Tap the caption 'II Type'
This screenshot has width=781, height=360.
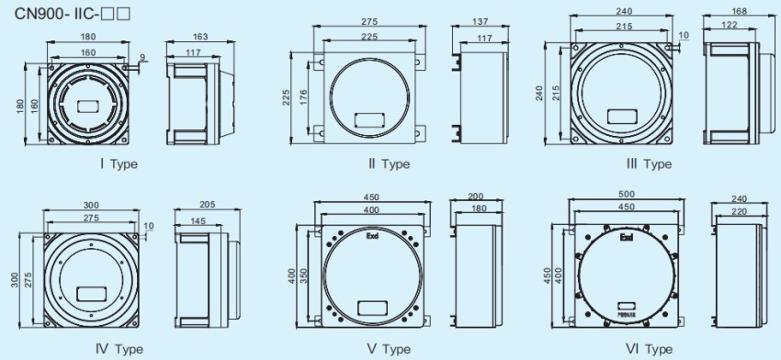point(383,164)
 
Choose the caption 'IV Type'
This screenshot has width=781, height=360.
point(119,349)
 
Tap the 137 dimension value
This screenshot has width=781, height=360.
point(479,22)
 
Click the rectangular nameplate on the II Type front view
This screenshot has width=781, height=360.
point(368,118)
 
